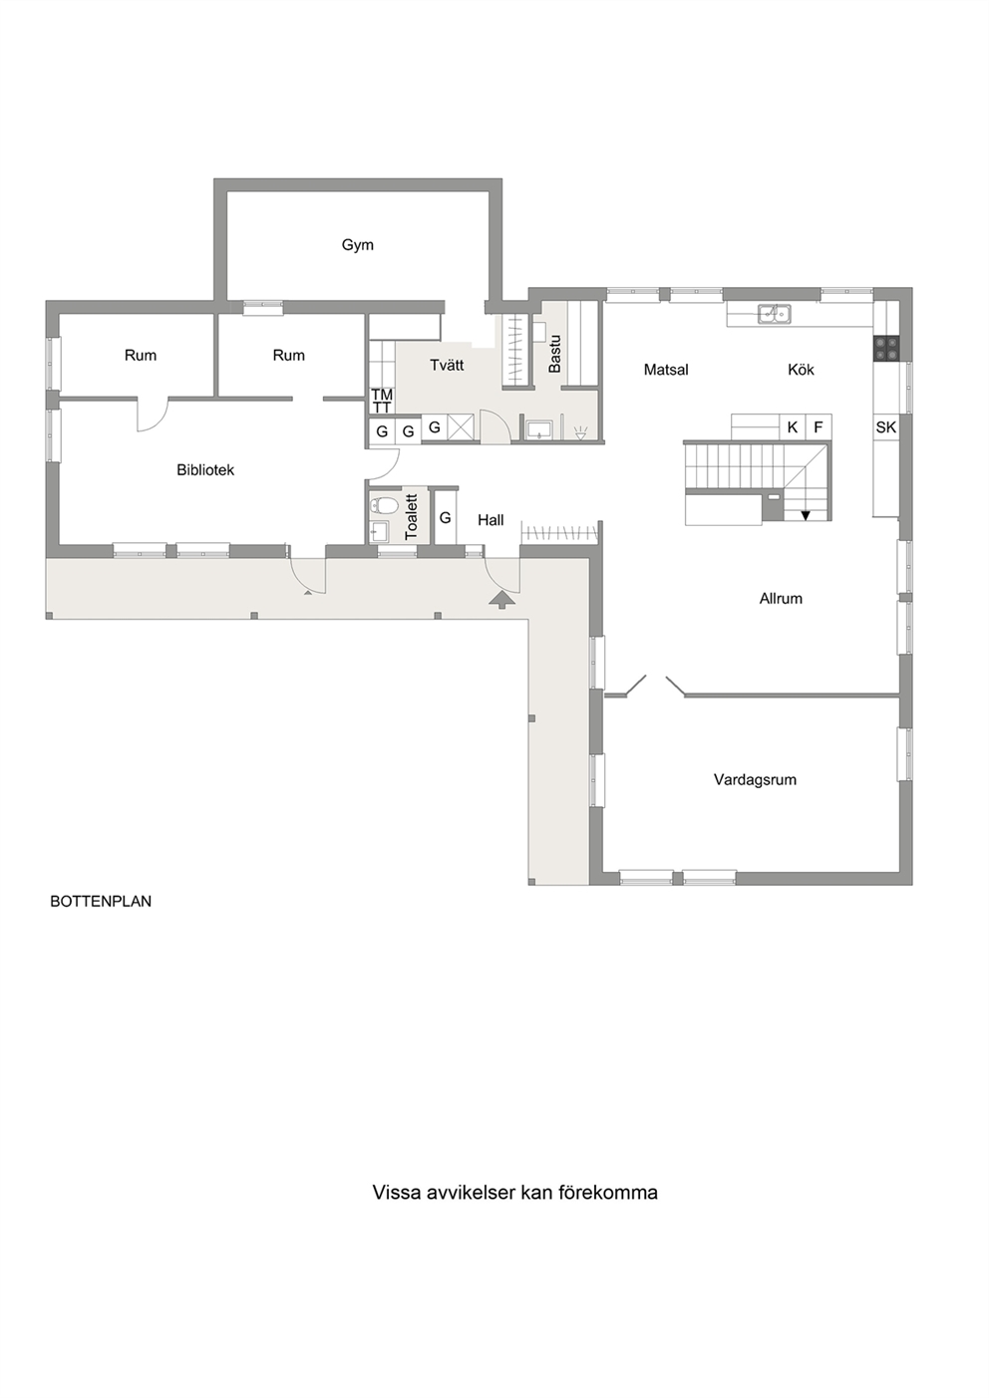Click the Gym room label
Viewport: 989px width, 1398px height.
(x=357, y=245)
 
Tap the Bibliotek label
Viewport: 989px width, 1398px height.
(x=205, y=470)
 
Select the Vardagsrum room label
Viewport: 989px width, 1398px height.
(x=755, y=779)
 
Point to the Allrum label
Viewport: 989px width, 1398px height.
(x=781, y=599)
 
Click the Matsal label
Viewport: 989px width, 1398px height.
(x=666, y=370)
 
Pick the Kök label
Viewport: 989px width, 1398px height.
(x=801, y=370)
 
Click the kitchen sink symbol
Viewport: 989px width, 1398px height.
(x=775, y=313)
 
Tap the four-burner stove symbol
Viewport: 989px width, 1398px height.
(x=886, y=349)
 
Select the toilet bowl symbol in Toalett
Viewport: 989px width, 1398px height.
(x=384, y=505)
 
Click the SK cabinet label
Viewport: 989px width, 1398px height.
(x=886, y=427)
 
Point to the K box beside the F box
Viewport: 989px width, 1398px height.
(x=793, y=427)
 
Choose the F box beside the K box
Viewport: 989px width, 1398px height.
(x=819, y=427)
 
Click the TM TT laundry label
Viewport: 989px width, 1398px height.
(x=382, y=401)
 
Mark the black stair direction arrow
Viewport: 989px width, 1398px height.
(x=806, y=515)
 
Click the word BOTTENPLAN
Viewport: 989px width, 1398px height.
(x=101, y=902)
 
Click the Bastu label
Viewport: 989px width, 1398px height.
(x=554, y=354)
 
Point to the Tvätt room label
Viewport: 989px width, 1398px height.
(x=447, y=365)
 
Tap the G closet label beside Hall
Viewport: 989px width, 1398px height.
(x=446, y=518)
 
